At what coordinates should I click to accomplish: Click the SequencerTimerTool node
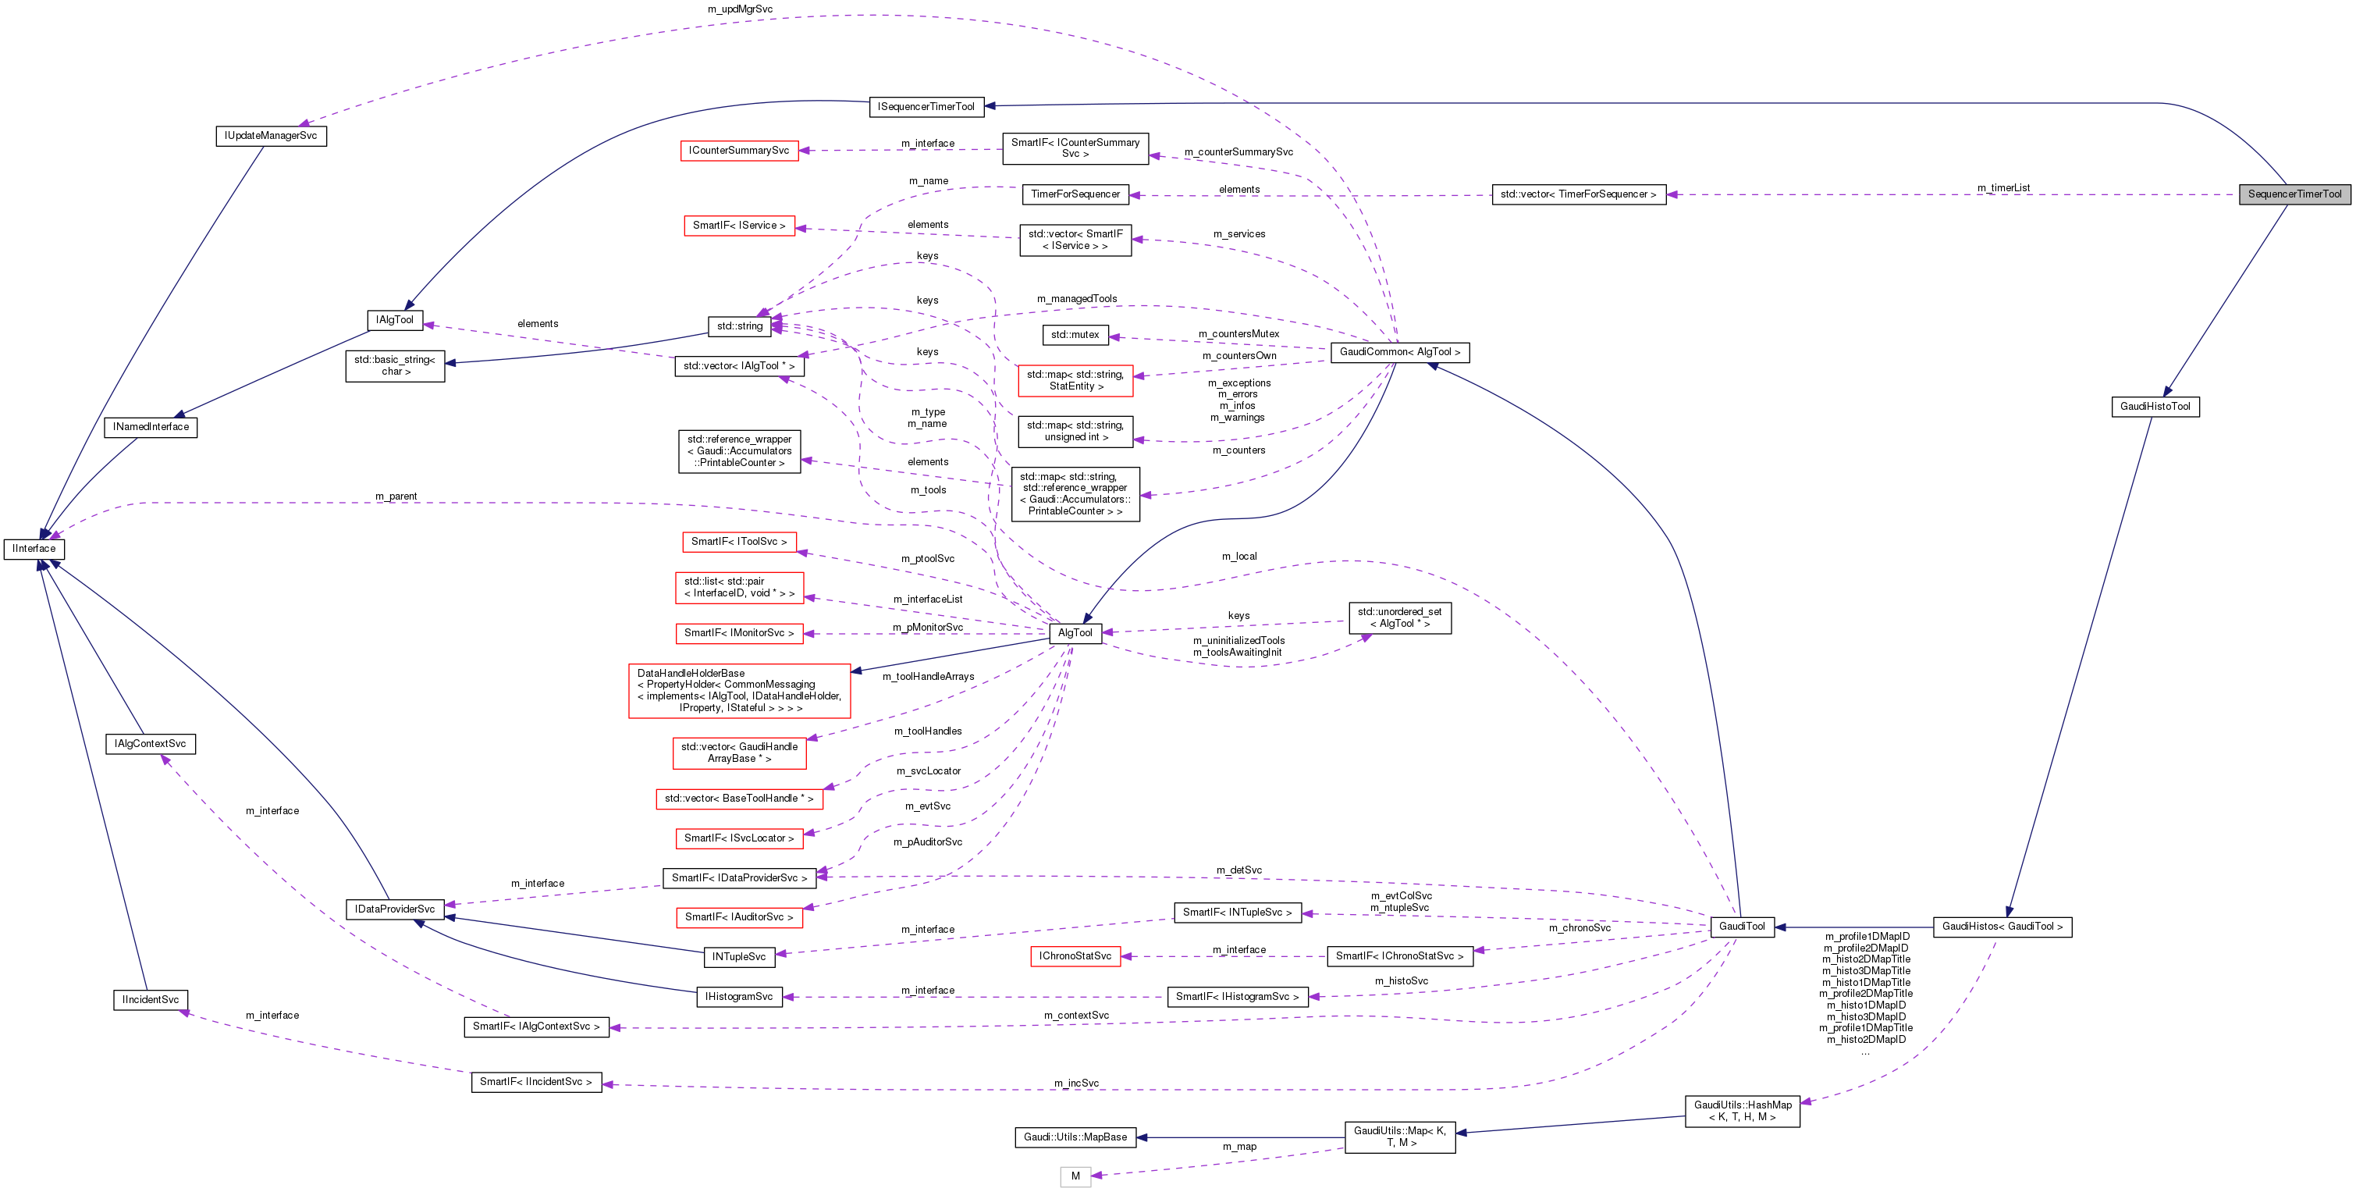pos(2294,194)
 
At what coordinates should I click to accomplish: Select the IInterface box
pos(34,549)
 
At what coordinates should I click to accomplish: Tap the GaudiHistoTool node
pos(2155,406)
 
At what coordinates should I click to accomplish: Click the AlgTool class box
pos(1075,633)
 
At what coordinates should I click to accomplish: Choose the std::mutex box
pos(1075,335)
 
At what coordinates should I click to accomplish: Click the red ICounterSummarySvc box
pos(739,151)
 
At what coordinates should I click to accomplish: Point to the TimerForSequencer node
pos(1075,194)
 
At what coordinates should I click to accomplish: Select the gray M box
pos(1075,1176)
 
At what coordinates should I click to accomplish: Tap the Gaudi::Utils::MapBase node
pos(1075,1137)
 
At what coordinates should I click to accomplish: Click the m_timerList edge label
pos(2003,187)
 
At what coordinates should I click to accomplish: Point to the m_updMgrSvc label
pos(740,9)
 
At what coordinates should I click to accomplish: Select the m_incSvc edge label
pos(1075,1083)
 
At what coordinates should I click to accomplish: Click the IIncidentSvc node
pos(151,1000)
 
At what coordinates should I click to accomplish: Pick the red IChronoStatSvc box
pos(1075,956)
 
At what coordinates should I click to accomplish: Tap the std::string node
pos(739,326)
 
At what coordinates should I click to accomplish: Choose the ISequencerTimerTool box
pos(926,107)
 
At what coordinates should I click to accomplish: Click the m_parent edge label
pos(396,496)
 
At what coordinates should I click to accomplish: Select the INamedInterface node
pos(151,427)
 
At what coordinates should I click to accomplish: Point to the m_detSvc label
pos(1238,870)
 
